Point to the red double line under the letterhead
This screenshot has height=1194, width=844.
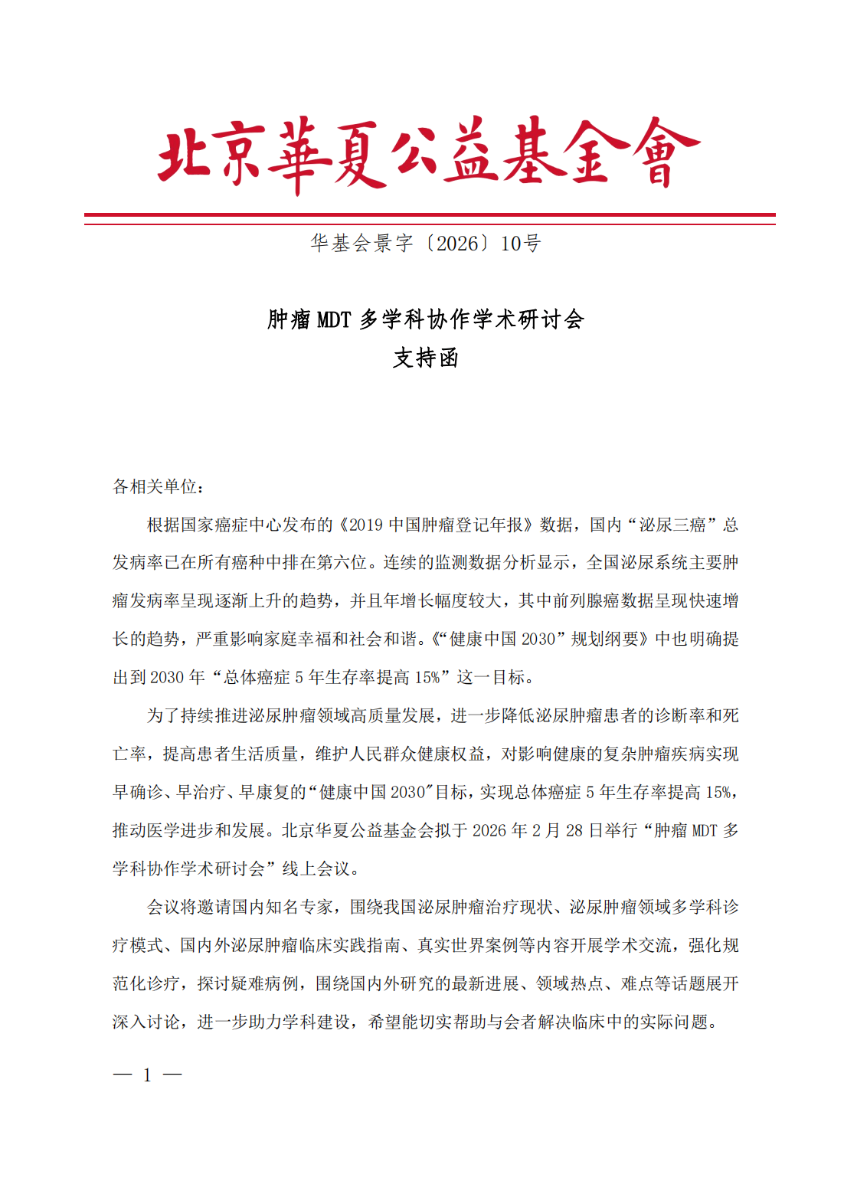point(430,219)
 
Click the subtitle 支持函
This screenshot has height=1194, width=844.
point(426,358)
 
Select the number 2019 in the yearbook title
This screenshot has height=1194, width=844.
point(365,525)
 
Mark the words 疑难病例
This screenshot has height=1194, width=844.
point(264,984)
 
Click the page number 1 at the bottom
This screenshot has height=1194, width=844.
point(147,1075)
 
